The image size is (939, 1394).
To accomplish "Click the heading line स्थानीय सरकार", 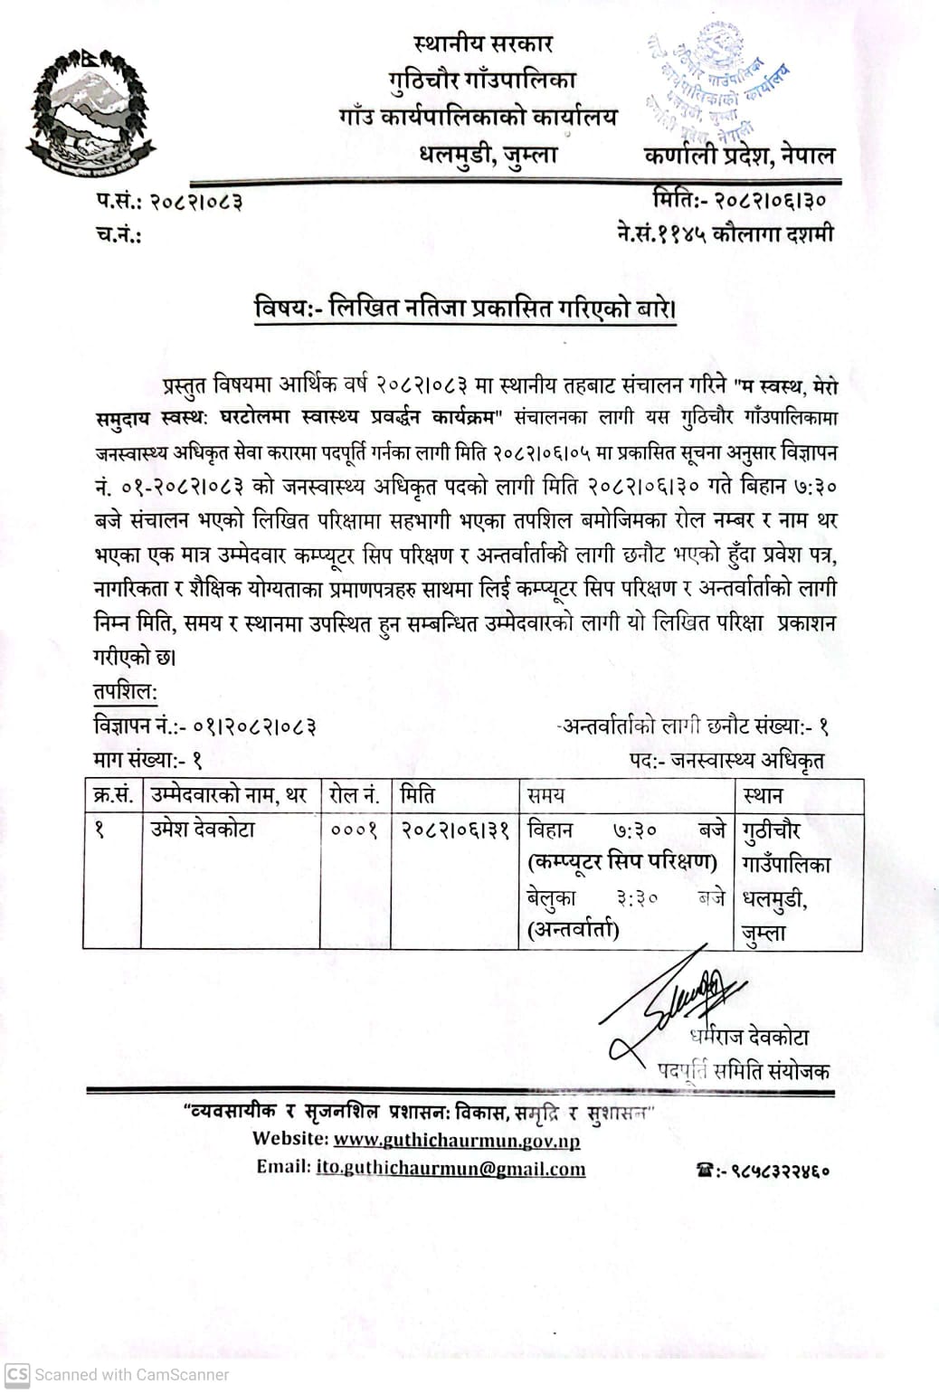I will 483,43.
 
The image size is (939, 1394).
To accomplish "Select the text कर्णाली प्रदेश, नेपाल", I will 739,156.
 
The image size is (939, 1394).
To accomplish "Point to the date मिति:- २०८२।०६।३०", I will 738,199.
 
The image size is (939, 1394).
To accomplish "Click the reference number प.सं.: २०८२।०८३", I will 169,201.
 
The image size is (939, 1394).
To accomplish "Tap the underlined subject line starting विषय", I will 466,309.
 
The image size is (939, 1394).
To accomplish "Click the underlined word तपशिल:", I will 126,693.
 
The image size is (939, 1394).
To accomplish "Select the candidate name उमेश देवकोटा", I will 204,829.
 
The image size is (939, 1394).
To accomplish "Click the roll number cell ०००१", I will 354,830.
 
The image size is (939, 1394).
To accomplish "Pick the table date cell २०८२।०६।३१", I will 456,830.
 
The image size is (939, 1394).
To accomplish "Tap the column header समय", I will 546,796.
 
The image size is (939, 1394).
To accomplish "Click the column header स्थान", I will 763,796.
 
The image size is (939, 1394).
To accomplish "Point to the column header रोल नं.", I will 354,796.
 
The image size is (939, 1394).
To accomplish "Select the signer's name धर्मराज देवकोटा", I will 748,1037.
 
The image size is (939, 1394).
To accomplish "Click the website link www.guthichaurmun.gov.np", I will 457,1140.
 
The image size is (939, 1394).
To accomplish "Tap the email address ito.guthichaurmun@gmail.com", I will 451,1169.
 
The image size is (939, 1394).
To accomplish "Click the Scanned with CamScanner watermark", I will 118,1375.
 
